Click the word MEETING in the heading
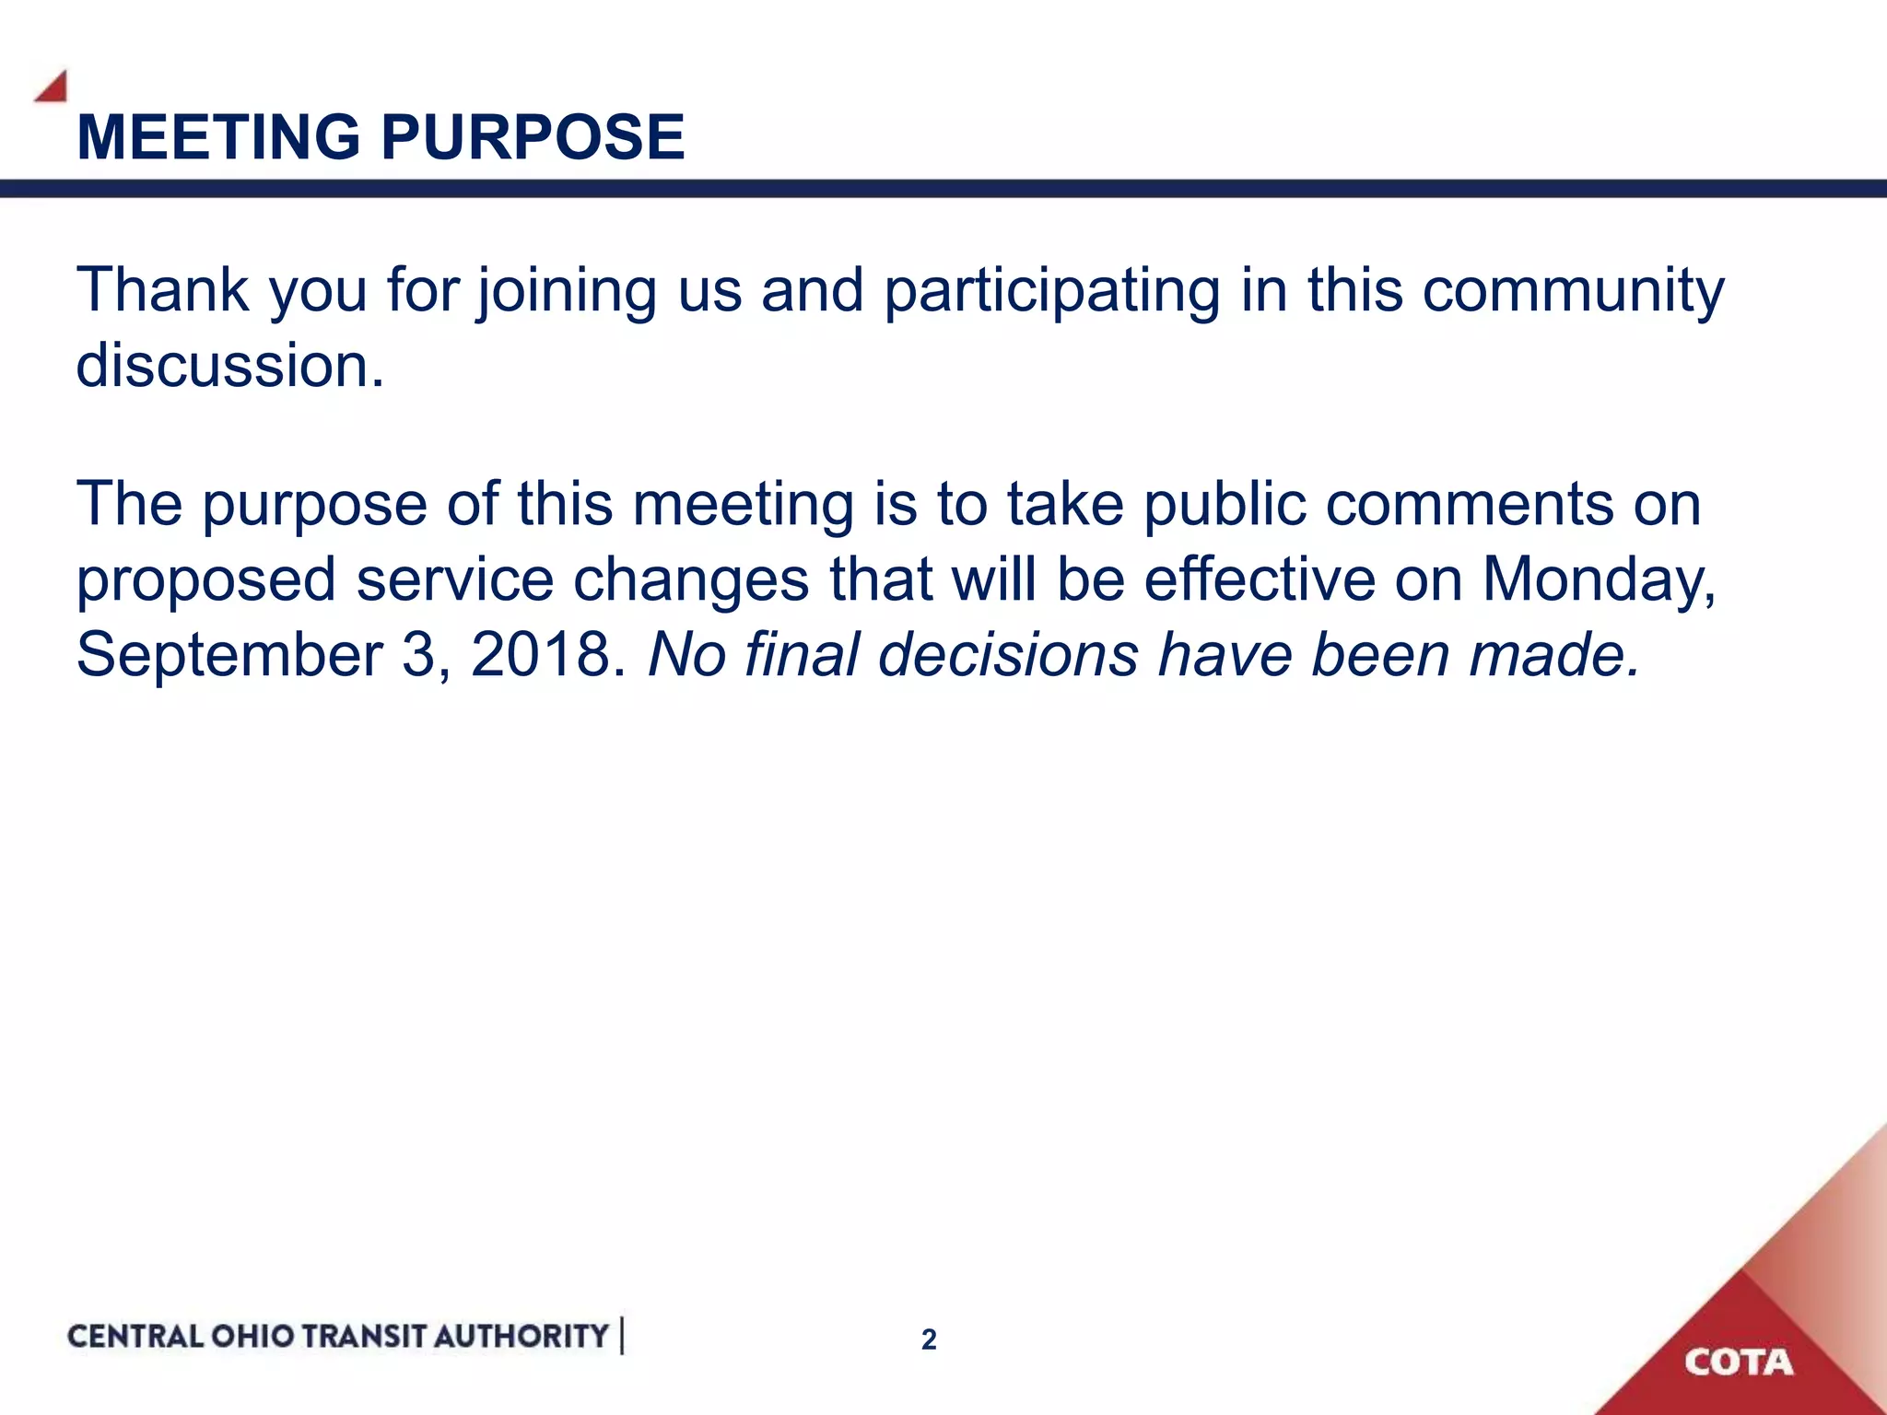tap(218, 137)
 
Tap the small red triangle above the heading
tap(53, 88)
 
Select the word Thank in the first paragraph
tap(162, 290)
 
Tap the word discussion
tap(229, 366)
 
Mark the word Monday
tap(1599, 581)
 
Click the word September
tap(229, 655)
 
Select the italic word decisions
tap(1009, 655)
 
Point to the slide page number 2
tap(929, 1339)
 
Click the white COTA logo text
tap(1739, 1362)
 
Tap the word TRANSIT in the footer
tap(363, 1336)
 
